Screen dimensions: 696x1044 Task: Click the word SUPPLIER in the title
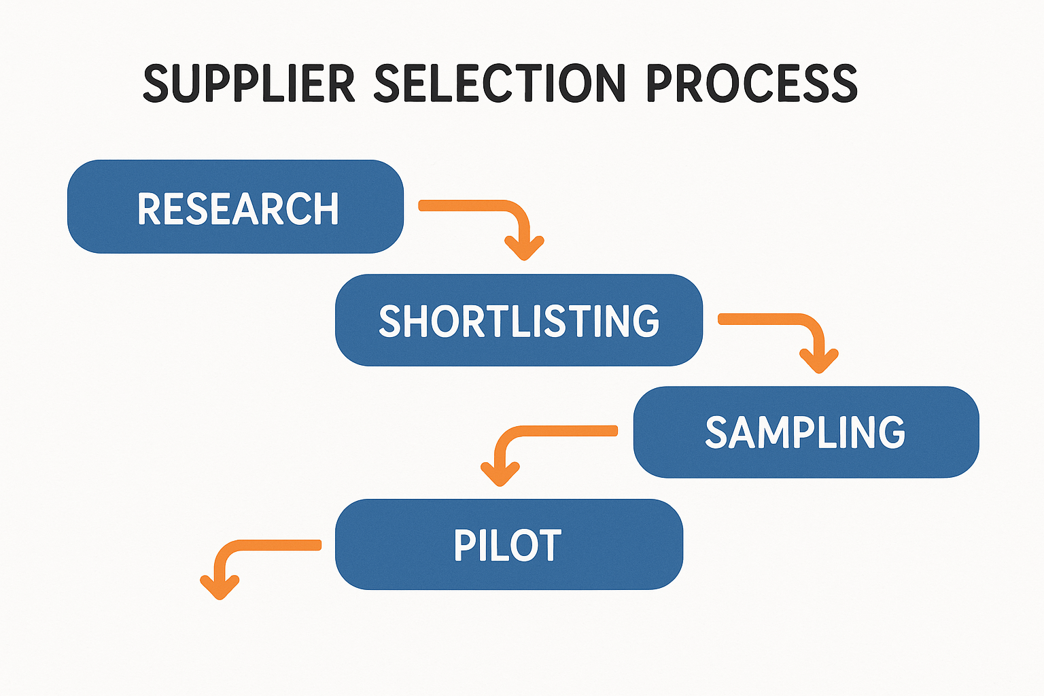pos(249,84)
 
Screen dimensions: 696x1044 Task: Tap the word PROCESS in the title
pos(752,84)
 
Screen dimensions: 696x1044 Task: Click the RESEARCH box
pos(235,207)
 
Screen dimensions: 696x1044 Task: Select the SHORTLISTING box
pos(519,320)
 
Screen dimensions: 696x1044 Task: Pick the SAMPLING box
pos(805,432)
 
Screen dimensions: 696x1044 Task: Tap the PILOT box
pos(508,544)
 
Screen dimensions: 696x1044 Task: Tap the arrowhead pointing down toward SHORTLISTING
pos(524,247)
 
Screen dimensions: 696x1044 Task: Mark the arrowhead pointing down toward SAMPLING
pos(819,361)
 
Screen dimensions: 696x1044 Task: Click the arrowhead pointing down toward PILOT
pos(500,474)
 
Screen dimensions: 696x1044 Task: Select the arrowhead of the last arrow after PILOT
pos(220,587)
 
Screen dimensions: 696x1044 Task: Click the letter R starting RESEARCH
pos(149,209)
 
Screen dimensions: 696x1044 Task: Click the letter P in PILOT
pos(466,545)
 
